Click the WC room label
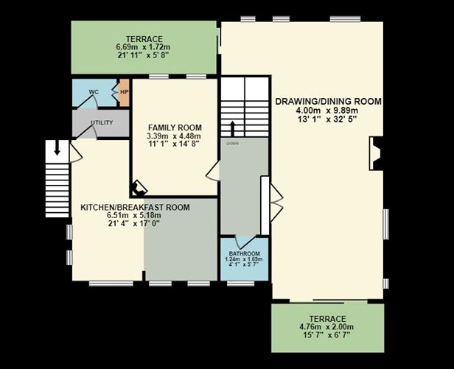[x=94, y=92]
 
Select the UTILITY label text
[x=102, y=122]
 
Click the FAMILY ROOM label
[x=174, y=127]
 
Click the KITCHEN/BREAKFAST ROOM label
[x=135, y=208]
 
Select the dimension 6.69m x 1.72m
[x=143, y=47]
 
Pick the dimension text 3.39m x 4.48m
[x=174, y=136]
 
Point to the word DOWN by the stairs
[x=233, y=144]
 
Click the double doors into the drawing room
[x=276, y=202]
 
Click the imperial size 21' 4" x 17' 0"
[x=135, y=224]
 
